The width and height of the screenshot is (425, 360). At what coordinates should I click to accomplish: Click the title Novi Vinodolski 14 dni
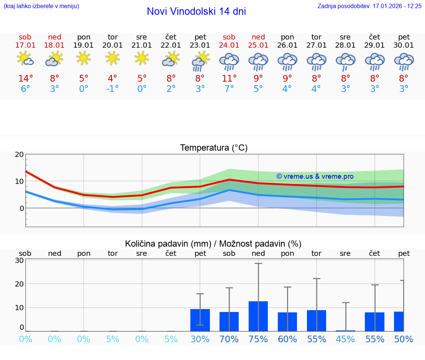point(196,11)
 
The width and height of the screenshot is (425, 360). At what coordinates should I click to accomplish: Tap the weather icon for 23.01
point(200,61)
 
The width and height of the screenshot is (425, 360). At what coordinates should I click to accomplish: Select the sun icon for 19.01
point(84,58)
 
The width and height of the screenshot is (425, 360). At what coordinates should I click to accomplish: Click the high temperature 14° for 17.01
point(25,78)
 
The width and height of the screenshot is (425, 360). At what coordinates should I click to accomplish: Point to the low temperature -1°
point(113,89)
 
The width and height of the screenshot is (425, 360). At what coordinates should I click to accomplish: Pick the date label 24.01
point(229,45)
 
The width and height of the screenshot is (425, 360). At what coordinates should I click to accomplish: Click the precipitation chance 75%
point(258,339)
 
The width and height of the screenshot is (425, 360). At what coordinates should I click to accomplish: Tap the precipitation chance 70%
point(229,339)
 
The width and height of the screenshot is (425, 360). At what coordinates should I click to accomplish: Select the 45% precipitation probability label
point(345,339)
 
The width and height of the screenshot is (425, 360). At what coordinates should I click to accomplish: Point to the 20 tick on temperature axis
point(19,154)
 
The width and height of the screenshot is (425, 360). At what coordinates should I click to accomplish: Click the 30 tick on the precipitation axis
point(19,260)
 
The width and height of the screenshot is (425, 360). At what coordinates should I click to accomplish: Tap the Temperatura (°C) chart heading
point(214,148)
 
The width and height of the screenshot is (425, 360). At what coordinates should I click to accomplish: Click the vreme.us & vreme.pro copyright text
point(315,176)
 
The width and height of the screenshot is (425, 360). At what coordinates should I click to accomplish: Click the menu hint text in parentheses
point(41,6)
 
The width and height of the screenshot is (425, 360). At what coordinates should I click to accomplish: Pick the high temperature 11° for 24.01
point(229,78)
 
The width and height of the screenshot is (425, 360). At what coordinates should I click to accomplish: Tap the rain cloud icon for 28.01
point(345,61)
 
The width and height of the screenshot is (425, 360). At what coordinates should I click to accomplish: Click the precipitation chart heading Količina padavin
point(213,244)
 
